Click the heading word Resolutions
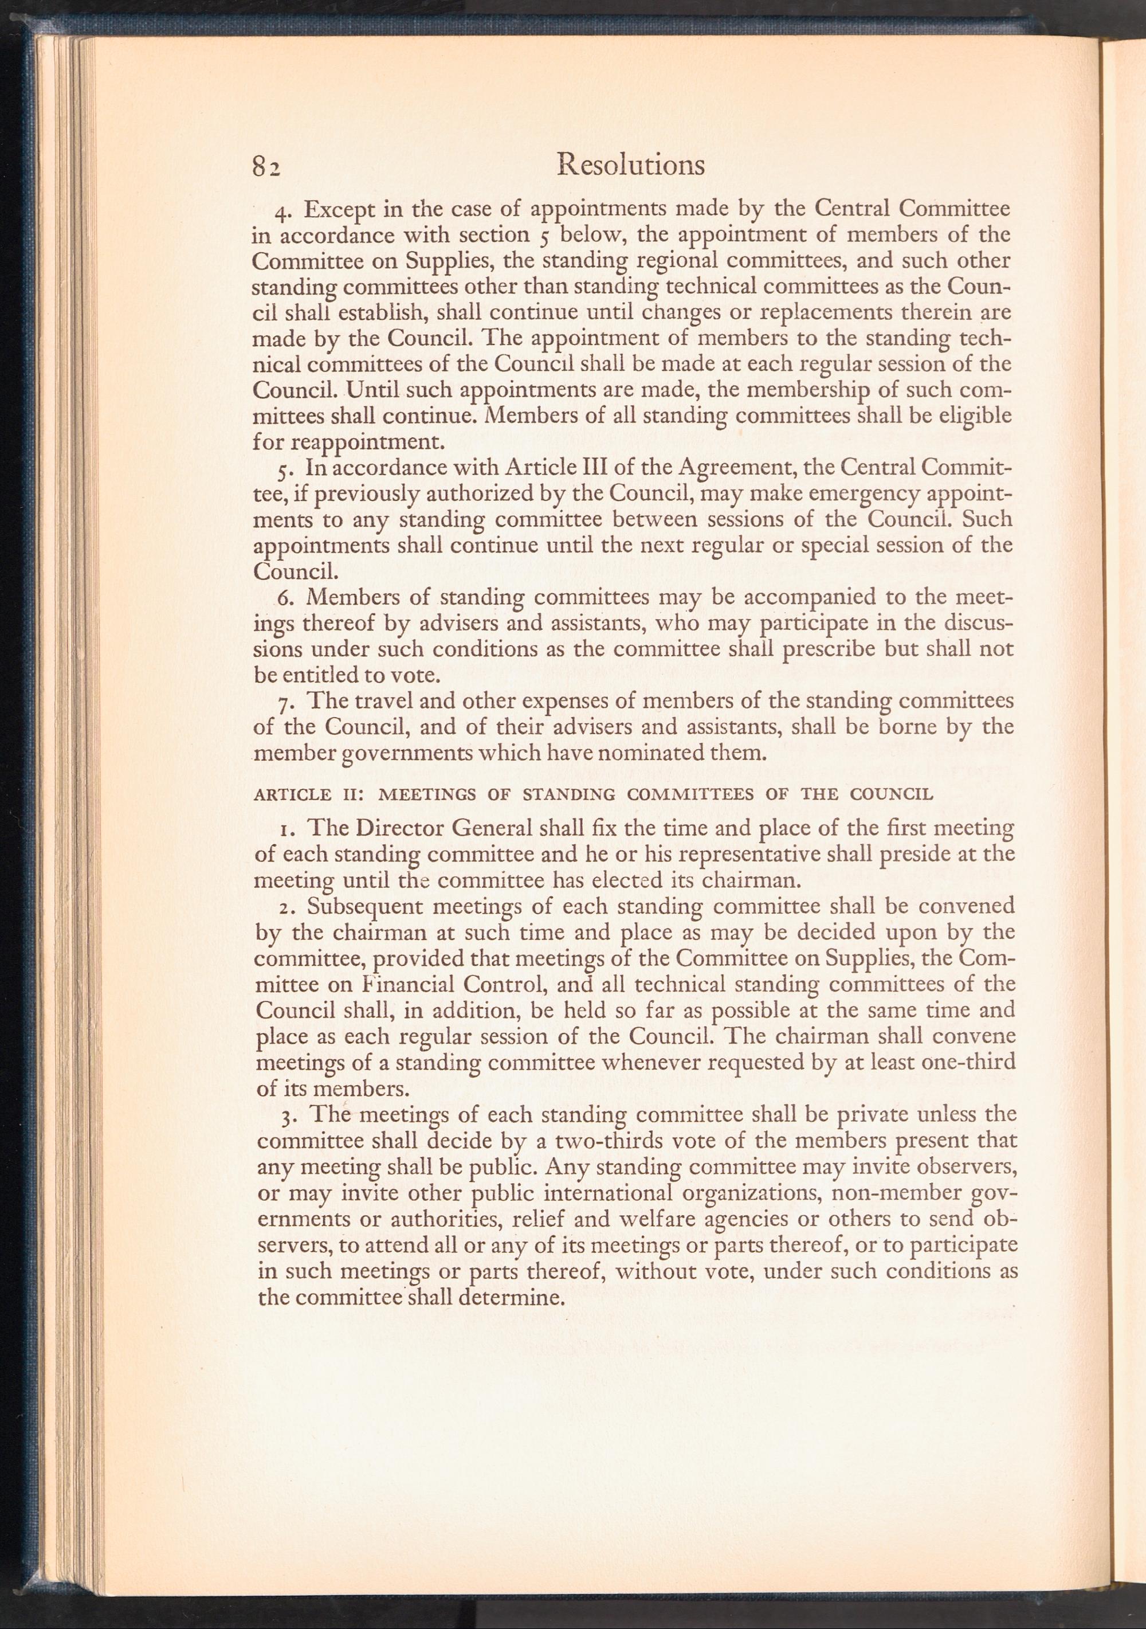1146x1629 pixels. pos(630,165)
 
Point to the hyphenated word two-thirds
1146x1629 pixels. pos(573,1141)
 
